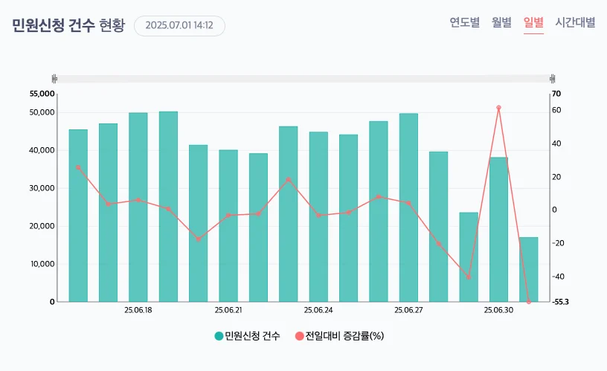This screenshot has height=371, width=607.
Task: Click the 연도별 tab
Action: coord(464,22)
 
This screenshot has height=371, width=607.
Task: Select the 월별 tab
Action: coord(501,22)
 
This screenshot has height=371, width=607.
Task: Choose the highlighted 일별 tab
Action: coord(533,22)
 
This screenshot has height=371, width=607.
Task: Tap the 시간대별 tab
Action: coord(575,22)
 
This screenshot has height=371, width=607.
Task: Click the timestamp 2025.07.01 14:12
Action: coord(179,25)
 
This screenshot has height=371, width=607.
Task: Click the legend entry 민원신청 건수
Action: coord(247,336)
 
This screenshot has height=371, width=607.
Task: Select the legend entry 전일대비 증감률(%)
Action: coord(339,336)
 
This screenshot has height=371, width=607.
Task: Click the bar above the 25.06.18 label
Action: coord(138,208)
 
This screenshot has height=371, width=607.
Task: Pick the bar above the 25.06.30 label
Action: coord(498,230)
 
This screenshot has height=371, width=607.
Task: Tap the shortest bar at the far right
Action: coord(528,269)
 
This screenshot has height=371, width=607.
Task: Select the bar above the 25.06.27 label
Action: coord(408,208)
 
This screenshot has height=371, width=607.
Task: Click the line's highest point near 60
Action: coord(498,108)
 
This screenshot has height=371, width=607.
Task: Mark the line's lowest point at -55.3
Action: coord(529,302)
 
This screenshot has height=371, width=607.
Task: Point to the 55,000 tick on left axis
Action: coord(42,94)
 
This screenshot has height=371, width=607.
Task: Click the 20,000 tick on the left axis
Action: coord(42,226)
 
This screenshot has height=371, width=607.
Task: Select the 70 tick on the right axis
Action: coord(556,94)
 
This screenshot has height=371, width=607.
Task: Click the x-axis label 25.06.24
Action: coord(318,310)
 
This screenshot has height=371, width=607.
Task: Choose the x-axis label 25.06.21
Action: coord(228,310)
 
